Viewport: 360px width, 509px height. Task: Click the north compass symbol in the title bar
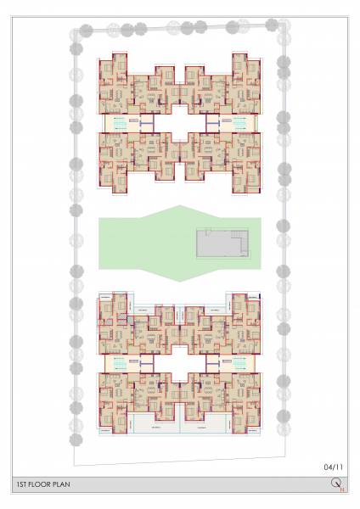(x=335, y=484)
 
